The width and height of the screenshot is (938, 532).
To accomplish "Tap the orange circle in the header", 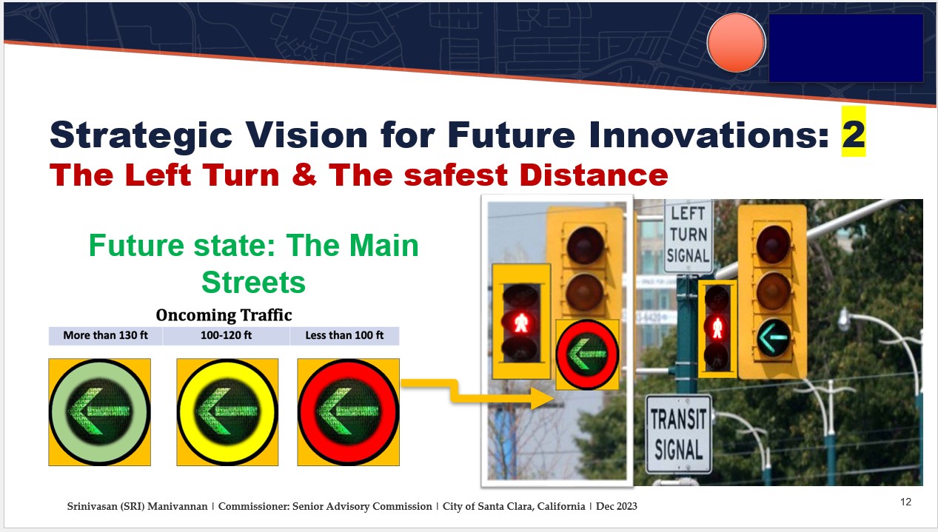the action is point(736,43).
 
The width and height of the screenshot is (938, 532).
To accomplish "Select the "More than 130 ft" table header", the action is point(106,335).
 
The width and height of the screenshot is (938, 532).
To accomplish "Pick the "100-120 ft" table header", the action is point(226,335).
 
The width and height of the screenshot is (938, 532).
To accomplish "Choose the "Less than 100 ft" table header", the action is point(344,335).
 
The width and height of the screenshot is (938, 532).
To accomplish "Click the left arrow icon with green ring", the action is point(100,412).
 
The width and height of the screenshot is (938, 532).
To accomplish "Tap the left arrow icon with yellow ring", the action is point(227,412).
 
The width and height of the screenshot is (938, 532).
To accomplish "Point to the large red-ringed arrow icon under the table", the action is point(349,412).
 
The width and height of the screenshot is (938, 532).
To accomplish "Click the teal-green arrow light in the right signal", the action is point(774,338).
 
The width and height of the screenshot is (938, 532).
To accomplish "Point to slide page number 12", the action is point(905,502).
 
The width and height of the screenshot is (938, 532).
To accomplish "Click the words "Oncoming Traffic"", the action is point(224,315).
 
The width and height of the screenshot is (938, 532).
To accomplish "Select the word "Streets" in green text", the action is point(253,283).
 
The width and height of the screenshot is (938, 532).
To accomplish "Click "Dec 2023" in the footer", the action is point(617,506).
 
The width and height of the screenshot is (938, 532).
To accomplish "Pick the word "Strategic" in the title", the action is point(141,135).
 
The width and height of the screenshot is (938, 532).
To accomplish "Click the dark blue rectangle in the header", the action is point(846,47).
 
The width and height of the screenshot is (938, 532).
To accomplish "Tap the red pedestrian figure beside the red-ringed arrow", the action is point(521,323).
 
